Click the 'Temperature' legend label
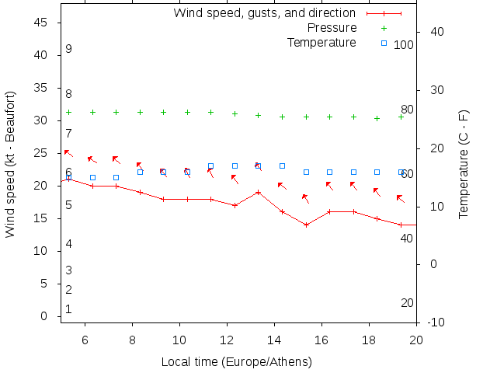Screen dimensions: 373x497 [321, 42]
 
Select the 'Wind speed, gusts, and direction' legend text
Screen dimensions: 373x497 [264, 13]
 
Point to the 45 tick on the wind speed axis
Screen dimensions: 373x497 [43, 23]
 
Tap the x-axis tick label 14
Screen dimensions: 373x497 [275, 340]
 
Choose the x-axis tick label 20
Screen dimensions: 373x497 [416, 340]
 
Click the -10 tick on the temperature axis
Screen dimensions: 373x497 [435, 322]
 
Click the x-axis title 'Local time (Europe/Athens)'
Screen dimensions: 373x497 [236, 361]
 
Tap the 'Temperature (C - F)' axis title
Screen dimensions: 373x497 [464, 163]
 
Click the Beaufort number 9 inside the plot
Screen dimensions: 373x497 [68, 49]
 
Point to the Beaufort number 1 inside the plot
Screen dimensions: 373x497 [68, 309]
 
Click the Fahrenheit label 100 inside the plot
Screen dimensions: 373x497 [404, 45]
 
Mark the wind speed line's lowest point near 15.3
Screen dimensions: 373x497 [306, 225]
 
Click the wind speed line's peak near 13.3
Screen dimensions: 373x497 [259, 192]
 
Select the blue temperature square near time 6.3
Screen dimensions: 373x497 [92, 177]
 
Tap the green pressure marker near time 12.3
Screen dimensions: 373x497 [235, 113]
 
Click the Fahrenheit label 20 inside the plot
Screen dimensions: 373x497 [407, 303]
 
